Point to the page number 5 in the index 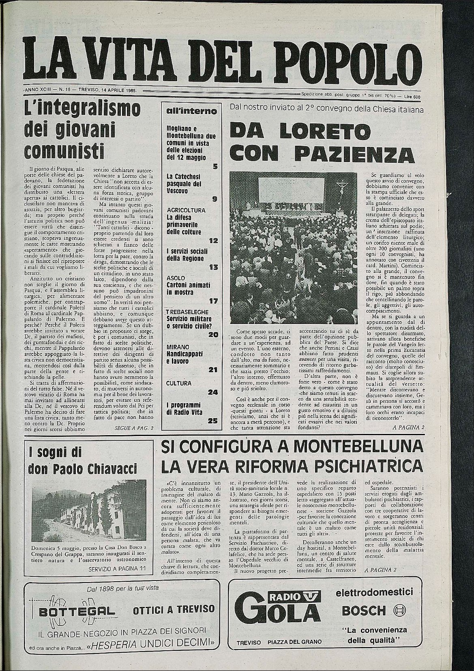(215, 166)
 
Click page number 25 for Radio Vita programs (214, 421)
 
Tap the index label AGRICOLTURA (186, 211)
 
